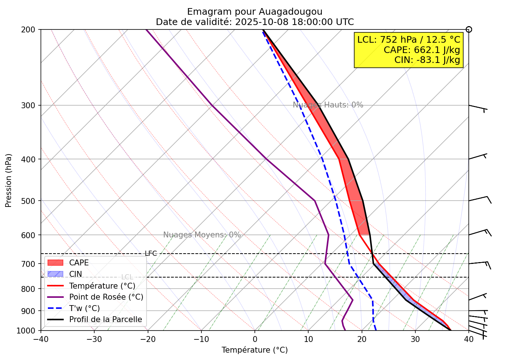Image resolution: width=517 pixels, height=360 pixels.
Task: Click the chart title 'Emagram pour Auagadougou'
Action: [x=254, y=12]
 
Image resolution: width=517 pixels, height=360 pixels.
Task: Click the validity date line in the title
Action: [x=254, y=22]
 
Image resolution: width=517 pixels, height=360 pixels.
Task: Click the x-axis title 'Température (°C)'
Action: [x=254, y=350]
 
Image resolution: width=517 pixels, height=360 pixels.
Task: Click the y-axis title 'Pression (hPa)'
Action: [x=9, y=180]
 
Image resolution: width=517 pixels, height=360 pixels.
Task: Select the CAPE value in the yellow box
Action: [x=422, y=50]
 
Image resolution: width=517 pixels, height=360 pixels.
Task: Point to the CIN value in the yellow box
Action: [x=427, y=60]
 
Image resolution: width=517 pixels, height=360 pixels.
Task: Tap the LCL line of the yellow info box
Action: [x=409, y=40]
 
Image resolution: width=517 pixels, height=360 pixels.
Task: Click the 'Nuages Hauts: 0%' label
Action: [x=328, y=105]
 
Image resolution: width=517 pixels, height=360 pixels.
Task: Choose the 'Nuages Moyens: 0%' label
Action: [x=202, y=235]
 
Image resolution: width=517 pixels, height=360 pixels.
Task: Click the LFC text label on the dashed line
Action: [x=151, y=254]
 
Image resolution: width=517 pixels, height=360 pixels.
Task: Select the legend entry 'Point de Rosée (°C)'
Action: [x=106, y=297]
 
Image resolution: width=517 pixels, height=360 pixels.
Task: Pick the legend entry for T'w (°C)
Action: [x=84, y=308]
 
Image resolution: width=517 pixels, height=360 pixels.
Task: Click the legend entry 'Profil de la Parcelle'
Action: [x=105, y=320]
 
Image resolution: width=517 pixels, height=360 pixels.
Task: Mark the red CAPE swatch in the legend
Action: [x=56, y=263]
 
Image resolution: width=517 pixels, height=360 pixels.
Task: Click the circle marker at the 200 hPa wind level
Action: [x=469, y=29]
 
